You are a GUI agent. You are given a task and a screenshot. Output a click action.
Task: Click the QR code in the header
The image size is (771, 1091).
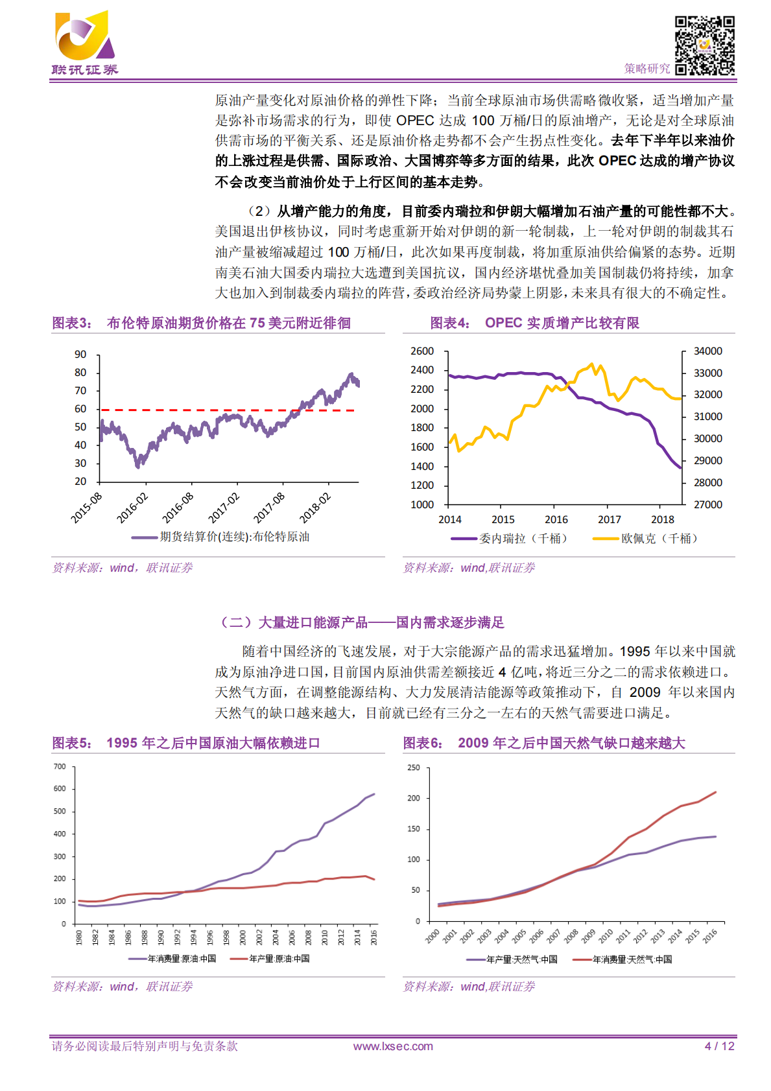click(x=704, y=45)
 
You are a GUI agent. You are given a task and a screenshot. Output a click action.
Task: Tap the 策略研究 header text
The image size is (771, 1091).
click(x=646, y=69)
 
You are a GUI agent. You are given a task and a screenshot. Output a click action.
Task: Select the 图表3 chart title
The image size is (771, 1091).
click(x=201, y=323)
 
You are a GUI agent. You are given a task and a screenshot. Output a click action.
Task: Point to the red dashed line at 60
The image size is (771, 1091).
click(x=227, y=410)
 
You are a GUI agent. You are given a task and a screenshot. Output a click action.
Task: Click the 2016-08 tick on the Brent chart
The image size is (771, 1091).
click(x=178, y=507)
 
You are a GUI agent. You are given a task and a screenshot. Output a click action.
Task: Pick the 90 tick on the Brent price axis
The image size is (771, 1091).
click(x=80, y=355)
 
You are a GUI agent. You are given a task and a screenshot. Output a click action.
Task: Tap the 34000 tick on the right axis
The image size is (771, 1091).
click(x=707, y=351)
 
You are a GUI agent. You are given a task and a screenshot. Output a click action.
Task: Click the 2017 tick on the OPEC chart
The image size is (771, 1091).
click(x=609, y=520)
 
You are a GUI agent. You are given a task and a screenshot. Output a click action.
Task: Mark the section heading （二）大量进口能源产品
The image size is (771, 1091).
click(x=362, y=623)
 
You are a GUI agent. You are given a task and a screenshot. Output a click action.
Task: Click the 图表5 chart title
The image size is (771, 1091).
click(x=186, y=744)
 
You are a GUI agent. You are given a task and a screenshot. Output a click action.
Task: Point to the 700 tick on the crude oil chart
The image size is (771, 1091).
click(x=60, y=767)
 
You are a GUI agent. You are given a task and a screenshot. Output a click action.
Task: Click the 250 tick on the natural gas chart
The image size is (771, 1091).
click(x=413, y=768)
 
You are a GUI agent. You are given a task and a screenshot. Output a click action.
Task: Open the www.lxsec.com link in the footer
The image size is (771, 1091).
click(x=393, y=1046)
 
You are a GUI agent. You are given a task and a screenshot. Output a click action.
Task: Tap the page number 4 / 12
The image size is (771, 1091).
click(x=719, y=1046)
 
